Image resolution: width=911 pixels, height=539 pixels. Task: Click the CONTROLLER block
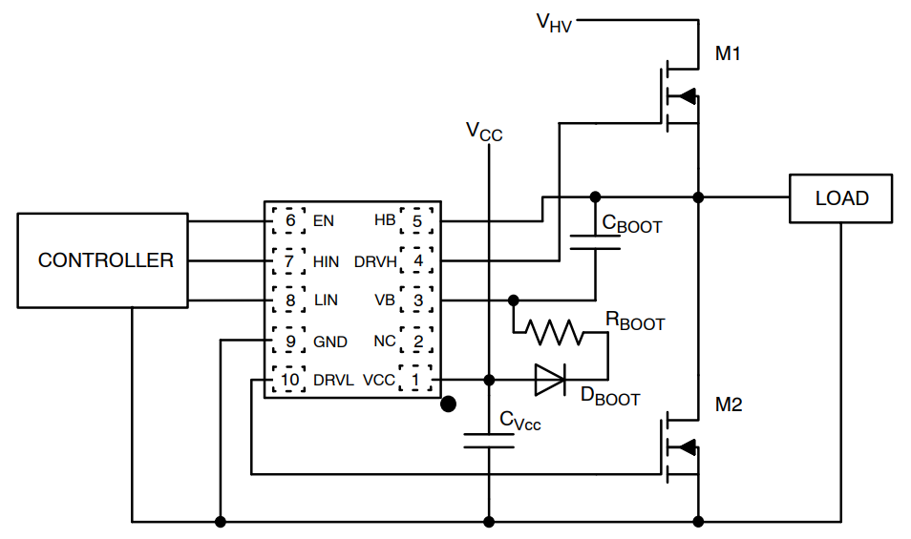tap(106, 260)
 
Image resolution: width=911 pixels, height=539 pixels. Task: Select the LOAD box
tap(841, 198)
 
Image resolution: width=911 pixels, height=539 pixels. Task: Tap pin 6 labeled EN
tap(289, 220)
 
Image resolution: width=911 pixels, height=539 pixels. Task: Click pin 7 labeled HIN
tap(289, 260)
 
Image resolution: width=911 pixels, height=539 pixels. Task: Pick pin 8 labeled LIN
tap(289, 301)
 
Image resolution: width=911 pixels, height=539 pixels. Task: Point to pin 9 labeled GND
tap(289, 341)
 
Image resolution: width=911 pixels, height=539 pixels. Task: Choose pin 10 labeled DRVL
tap(289, 380)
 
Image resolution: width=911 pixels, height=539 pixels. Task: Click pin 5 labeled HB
tap(416, 220)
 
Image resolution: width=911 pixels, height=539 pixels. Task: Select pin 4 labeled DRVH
tap(416, 260)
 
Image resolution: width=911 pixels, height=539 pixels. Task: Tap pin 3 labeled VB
tap(416, 301)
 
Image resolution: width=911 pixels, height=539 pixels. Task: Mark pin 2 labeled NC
tap(416, 341)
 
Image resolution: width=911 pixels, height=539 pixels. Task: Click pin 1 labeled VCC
tap(416, 380)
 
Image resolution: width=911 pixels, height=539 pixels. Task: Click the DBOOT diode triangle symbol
tap(549, 380)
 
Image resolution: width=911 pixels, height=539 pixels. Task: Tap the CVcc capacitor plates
tap(489, 440)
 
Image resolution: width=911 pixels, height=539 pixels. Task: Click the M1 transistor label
tap(729, 54)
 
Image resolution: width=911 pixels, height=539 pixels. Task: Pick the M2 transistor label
tap(729, 405)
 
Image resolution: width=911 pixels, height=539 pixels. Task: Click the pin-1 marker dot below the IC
tap(446, 404)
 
